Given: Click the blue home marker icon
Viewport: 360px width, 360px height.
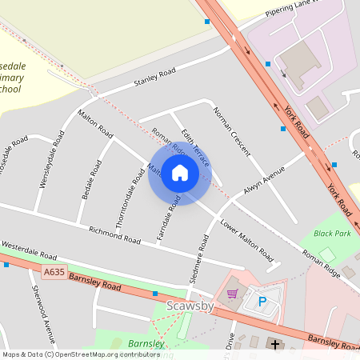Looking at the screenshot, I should click(180, 174).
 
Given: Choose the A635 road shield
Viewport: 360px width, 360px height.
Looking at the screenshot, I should click(54, 273).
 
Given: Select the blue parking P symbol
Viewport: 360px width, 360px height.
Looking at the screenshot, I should click(262, 302).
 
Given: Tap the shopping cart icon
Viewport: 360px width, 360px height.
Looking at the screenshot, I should click(232, 294).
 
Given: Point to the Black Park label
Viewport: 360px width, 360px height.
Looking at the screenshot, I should click(332, 234).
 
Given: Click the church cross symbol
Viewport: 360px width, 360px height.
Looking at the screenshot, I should click(275, 344).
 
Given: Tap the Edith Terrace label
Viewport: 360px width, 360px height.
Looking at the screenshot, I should click(194, 146).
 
